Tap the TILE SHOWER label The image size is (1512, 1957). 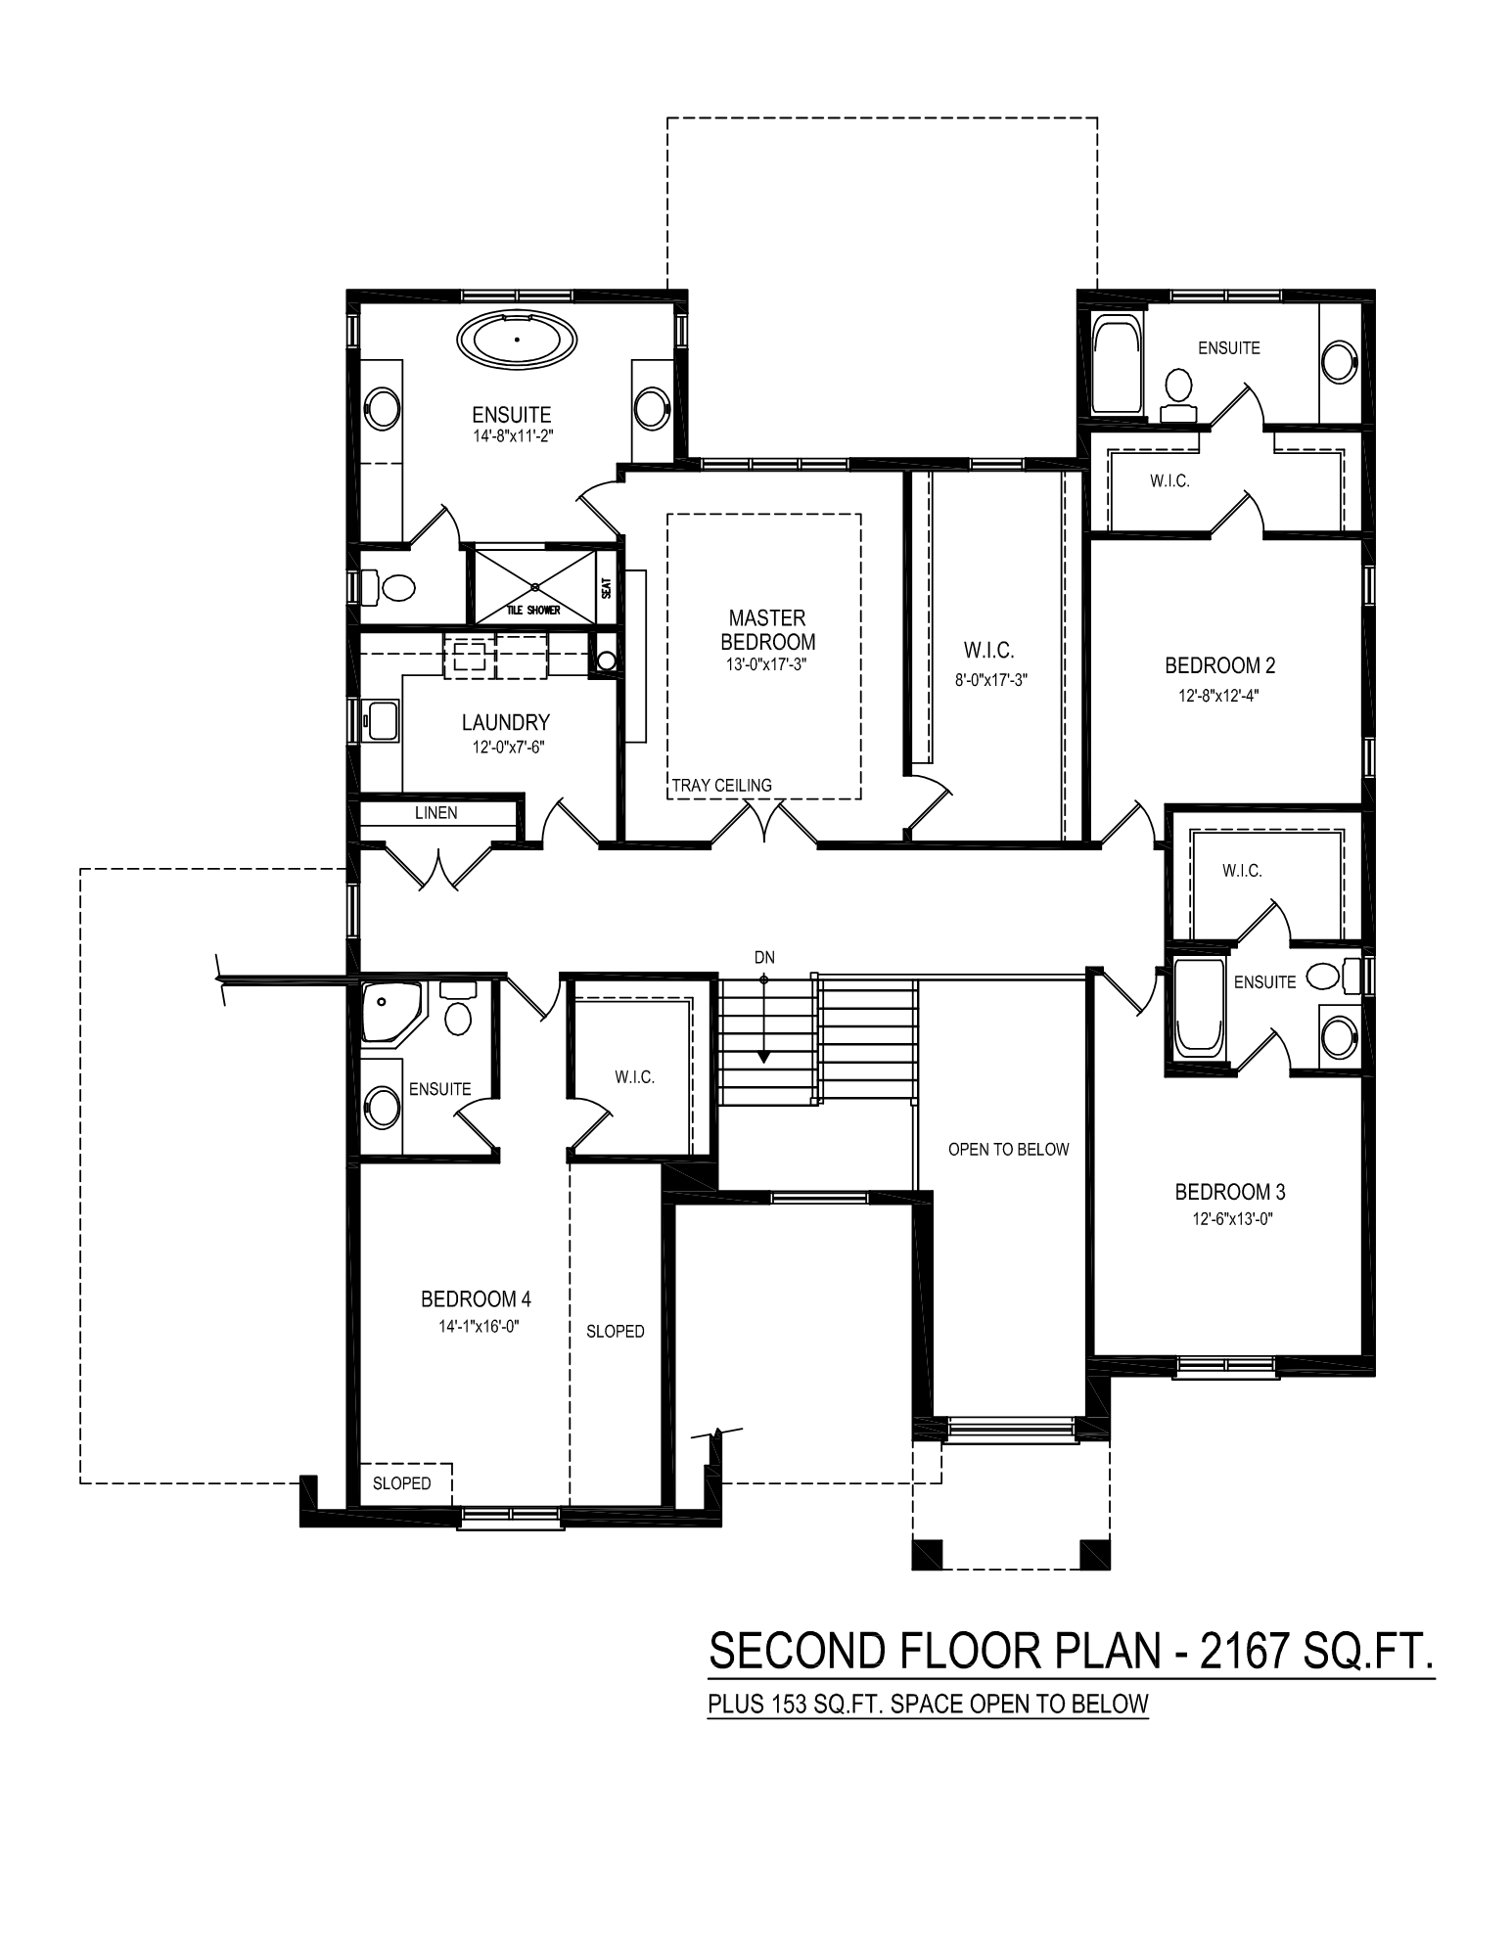pos(533,611)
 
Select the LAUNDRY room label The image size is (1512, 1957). pos(506,723)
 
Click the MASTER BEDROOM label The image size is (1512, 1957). pos(767,630)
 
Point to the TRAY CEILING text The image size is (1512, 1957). pos(722,786)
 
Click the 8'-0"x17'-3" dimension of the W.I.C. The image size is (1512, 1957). pos(991,679)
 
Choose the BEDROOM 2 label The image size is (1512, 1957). pos(1219,666)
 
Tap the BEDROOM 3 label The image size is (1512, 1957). pos(1230,1193)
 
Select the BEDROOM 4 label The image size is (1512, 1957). pos(476,1299)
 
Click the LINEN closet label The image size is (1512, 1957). pos(435,813)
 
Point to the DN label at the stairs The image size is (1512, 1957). pos(764,957)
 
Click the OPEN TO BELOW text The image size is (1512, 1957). pos(1009,1150)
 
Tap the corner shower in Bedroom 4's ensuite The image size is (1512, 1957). pos(391,1014)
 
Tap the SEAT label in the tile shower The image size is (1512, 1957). pos(607,588)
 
